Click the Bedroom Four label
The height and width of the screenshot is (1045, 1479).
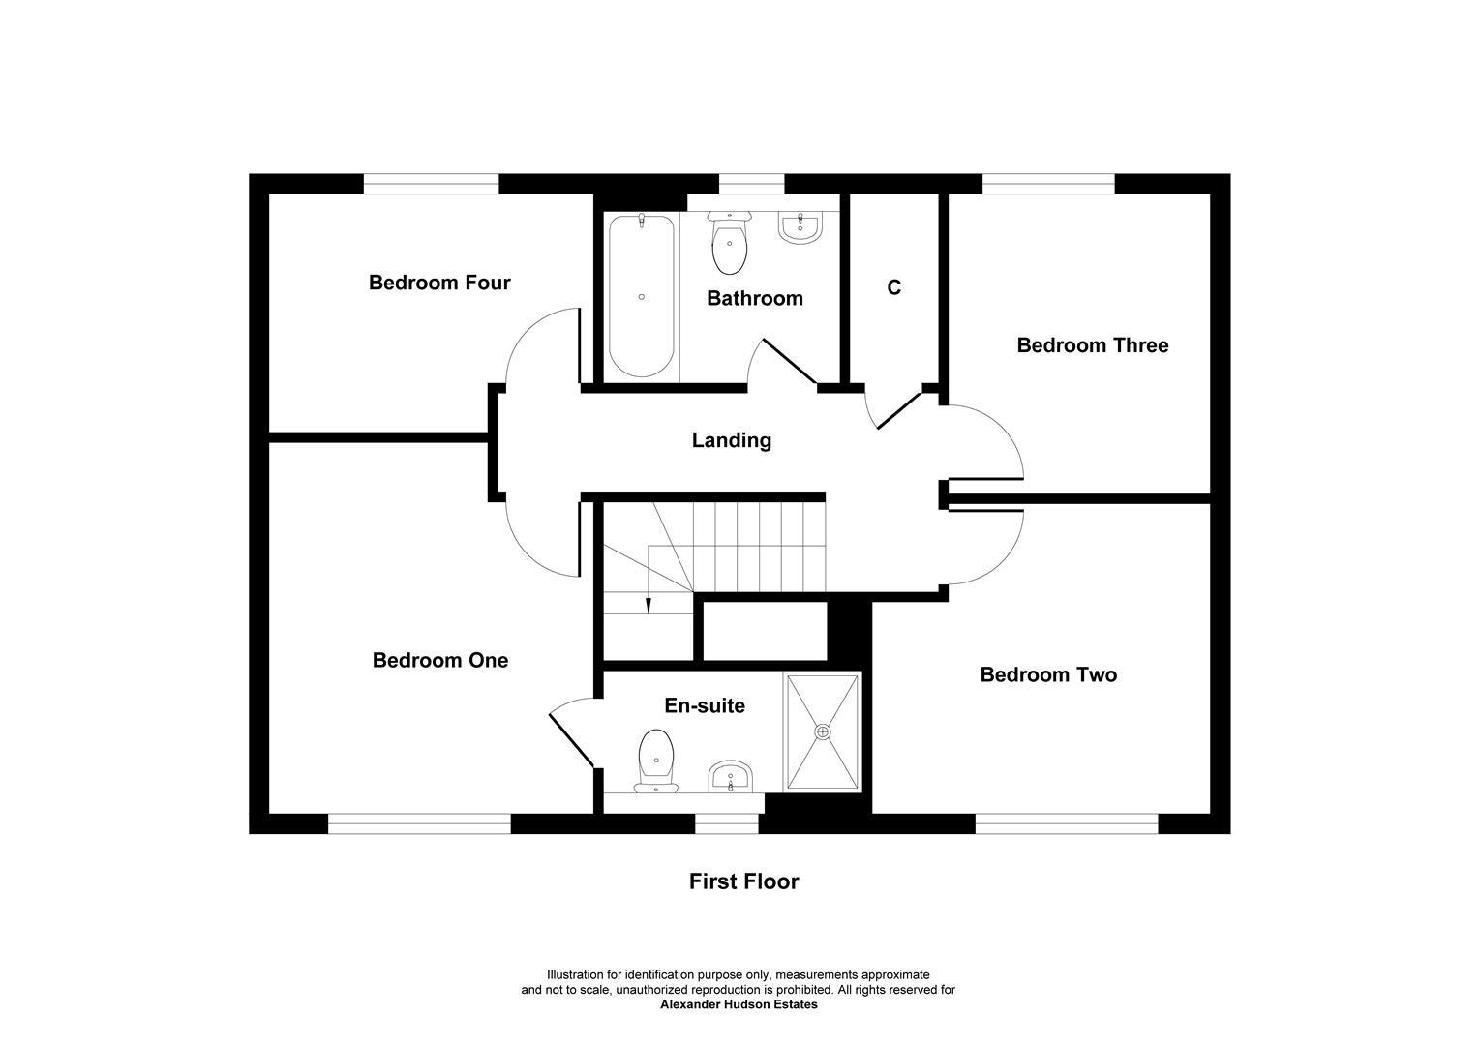(439, 283)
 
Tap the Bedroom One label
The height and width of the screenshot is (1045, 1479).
(440, 660)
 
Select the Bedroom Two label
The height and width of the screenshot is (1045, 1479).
(1048, 674)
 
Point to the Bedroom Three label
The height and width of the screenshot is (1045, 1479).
(1092, 345)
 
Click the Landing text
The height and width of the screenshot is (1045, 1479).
(732, 440)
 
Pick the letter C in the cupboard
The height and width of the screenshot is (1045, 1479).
(894, 287)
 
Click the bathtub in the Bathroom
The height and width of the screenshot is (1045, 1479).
(641, 295)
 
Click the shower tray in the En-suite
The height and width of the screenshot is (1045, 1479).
(823, 731)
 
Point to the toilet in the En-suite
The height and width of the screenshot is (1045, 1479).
(656, 760)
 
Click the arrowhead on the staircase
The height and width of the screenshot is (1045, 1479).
(648, 606)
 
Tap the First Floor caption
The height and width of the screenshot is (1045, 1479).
(743, 881)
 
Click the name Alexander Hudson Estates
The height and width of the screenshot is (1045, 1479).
(739, 1004)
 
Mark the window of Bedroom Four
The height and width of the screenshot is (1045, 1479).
(431, 184)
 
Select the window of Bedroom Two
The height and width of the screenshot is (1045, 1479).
(1066, 823)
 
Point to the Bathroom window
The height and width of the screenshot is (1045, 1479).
(751, 184)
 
